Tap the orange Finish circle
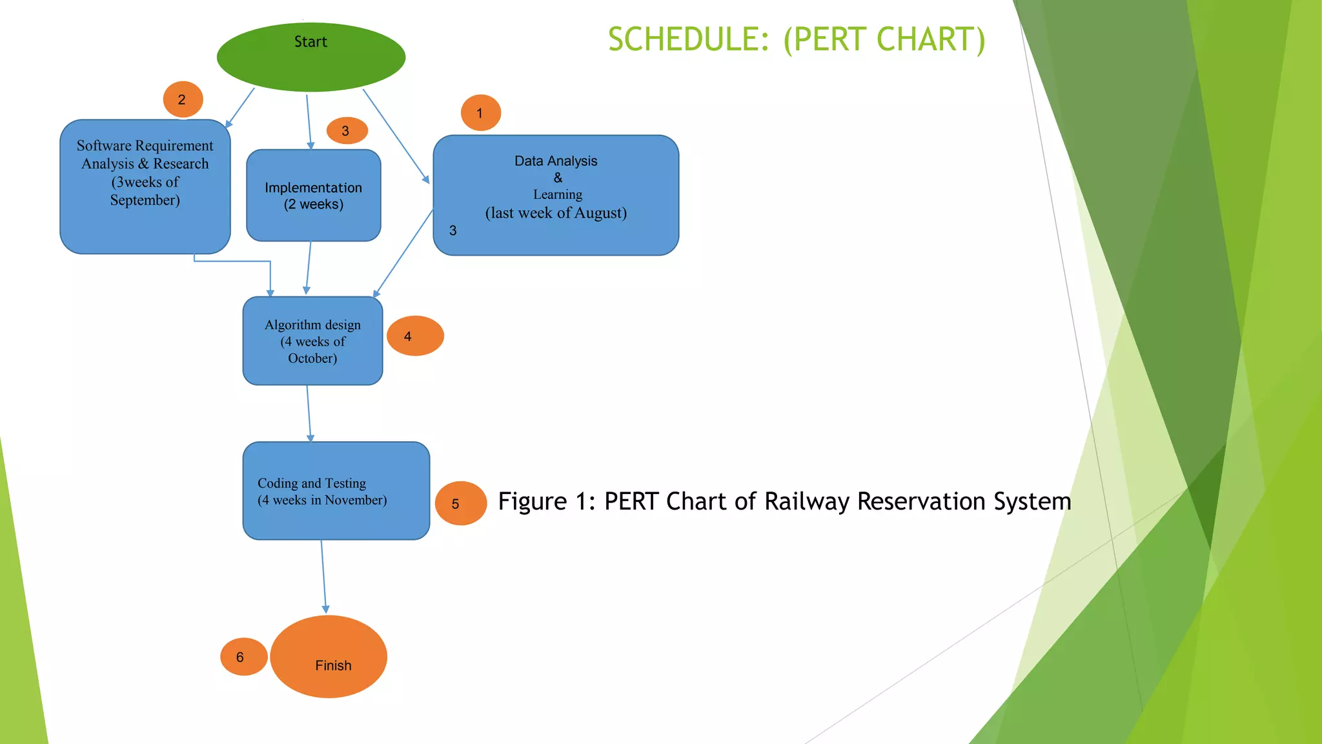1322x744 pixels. click(329, 657)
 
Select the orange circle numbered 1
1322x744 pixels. click(480, 113)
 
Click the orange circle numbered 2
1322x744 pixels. click(183, 99)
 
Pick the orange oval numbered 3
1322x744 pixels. click(347, 131)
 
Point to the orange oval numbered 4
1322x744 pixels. click(414, 336)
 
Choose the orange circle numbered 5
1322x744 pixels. click(460, 503)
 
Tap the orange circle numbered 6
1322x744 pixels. click(243, 657)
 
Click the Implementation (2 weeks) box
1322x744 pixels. click(313, 196)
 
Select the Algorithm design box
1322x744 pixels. click(312, 341)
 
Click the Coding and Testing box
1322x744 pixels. click(336, 491)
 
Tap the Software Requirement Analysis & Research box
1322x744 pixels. click(145, 186)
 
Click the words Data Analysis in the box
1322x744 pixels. click(555, 161)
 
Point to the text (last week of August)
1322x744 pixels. click(555, 213)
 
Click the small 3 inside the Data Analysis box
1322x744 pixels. click(453, 231)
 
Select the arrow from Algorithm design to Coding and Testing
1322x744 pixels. click(309, 413)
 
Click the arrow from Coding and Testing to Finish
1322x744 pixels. click(323, 577)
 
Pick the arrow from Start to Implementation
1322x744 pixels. click(309, 121)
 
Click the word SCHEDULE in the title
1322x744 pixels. click(688, 40)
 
